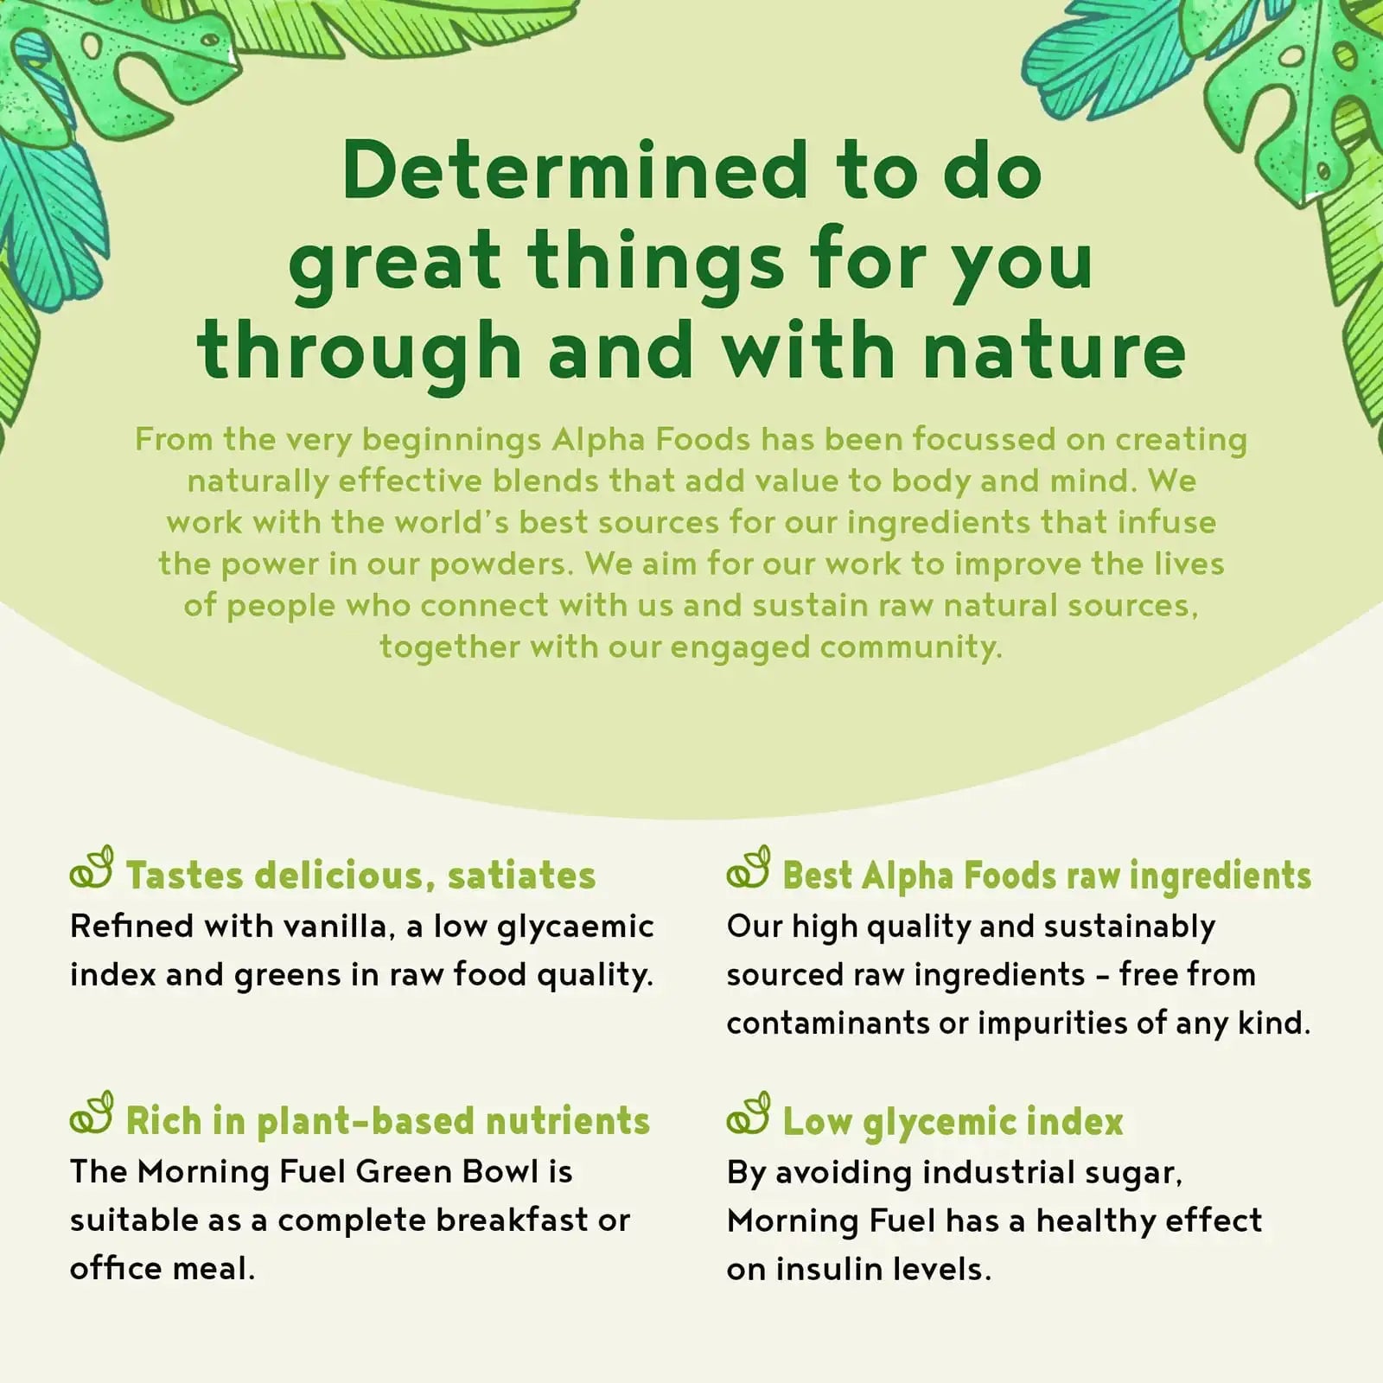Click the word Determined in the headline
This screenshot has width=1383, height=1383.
point(575,169)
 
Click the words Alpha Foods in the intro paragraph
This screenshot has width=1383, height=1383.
point(651,439)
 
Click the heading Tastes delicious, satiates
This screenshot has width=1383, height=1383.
point(360,876)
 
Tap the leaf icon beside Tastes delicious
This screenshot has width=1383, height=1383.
point(92,868)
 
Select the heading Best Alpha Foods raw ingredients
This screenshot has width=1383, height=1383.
point(1047,876)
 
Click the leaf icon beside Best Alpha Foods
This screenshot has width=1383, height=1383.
point(749,868)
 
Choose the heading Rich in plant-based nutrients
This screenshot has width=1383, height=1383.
point(387,1121)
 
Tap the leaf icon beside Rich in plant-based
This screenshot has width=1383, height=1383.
point(92,1113)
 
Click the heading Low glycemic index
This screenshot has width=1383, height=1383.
point(953,1122)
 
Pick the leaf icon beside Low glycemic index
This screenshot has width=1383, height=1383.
point(749,1113)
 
